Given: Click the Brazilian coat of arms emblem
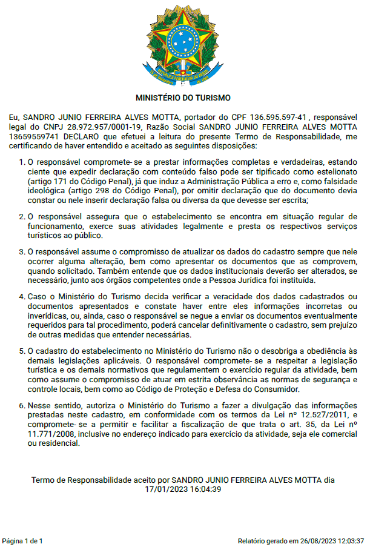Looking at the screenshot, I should point(183,44).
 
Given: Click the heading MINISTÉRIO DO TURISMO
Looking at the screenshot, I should point(183,98).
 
